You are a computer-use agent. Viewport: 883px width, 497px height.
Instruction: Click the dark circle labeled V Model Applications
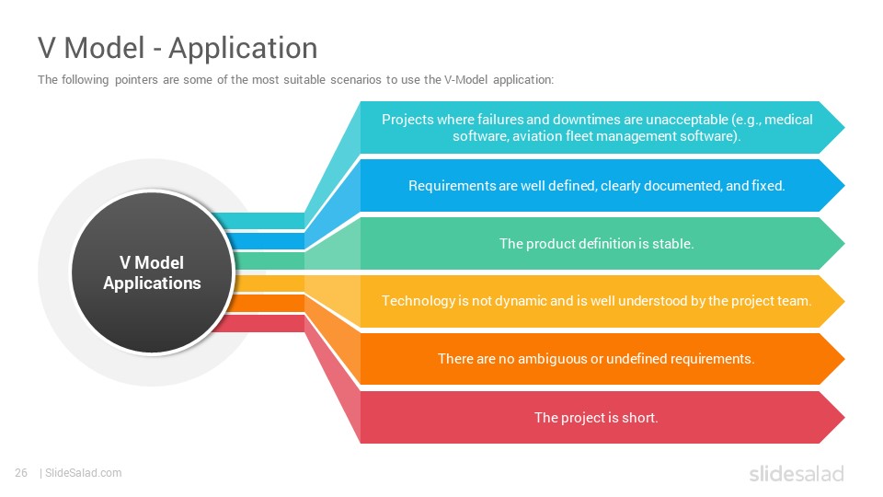coord(152,272)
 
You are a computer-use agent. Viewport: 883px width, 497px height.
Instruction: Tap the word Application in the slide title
coord(243,49)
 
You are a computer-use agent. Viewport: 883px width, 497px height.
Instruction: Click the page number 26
coord(21,473)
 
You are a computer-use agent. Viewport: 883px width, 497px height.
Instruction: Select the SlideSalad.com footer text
coord(84,473)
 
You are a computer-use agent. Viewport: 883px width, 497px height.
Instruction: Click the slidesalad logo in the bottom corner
coord(797,473)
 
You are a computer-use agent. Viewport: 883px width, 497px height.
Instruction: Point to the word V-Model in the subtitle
coord(465,79)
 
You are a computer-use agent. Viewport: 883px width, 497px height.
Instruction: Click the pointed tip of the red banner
coord(844,418)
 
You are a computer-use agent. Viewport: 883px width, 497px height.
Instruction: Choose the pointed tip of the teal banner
coord(844,127)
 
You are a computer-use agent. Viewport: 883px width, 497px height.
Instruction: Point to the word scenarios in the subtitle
coord(356,79)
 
